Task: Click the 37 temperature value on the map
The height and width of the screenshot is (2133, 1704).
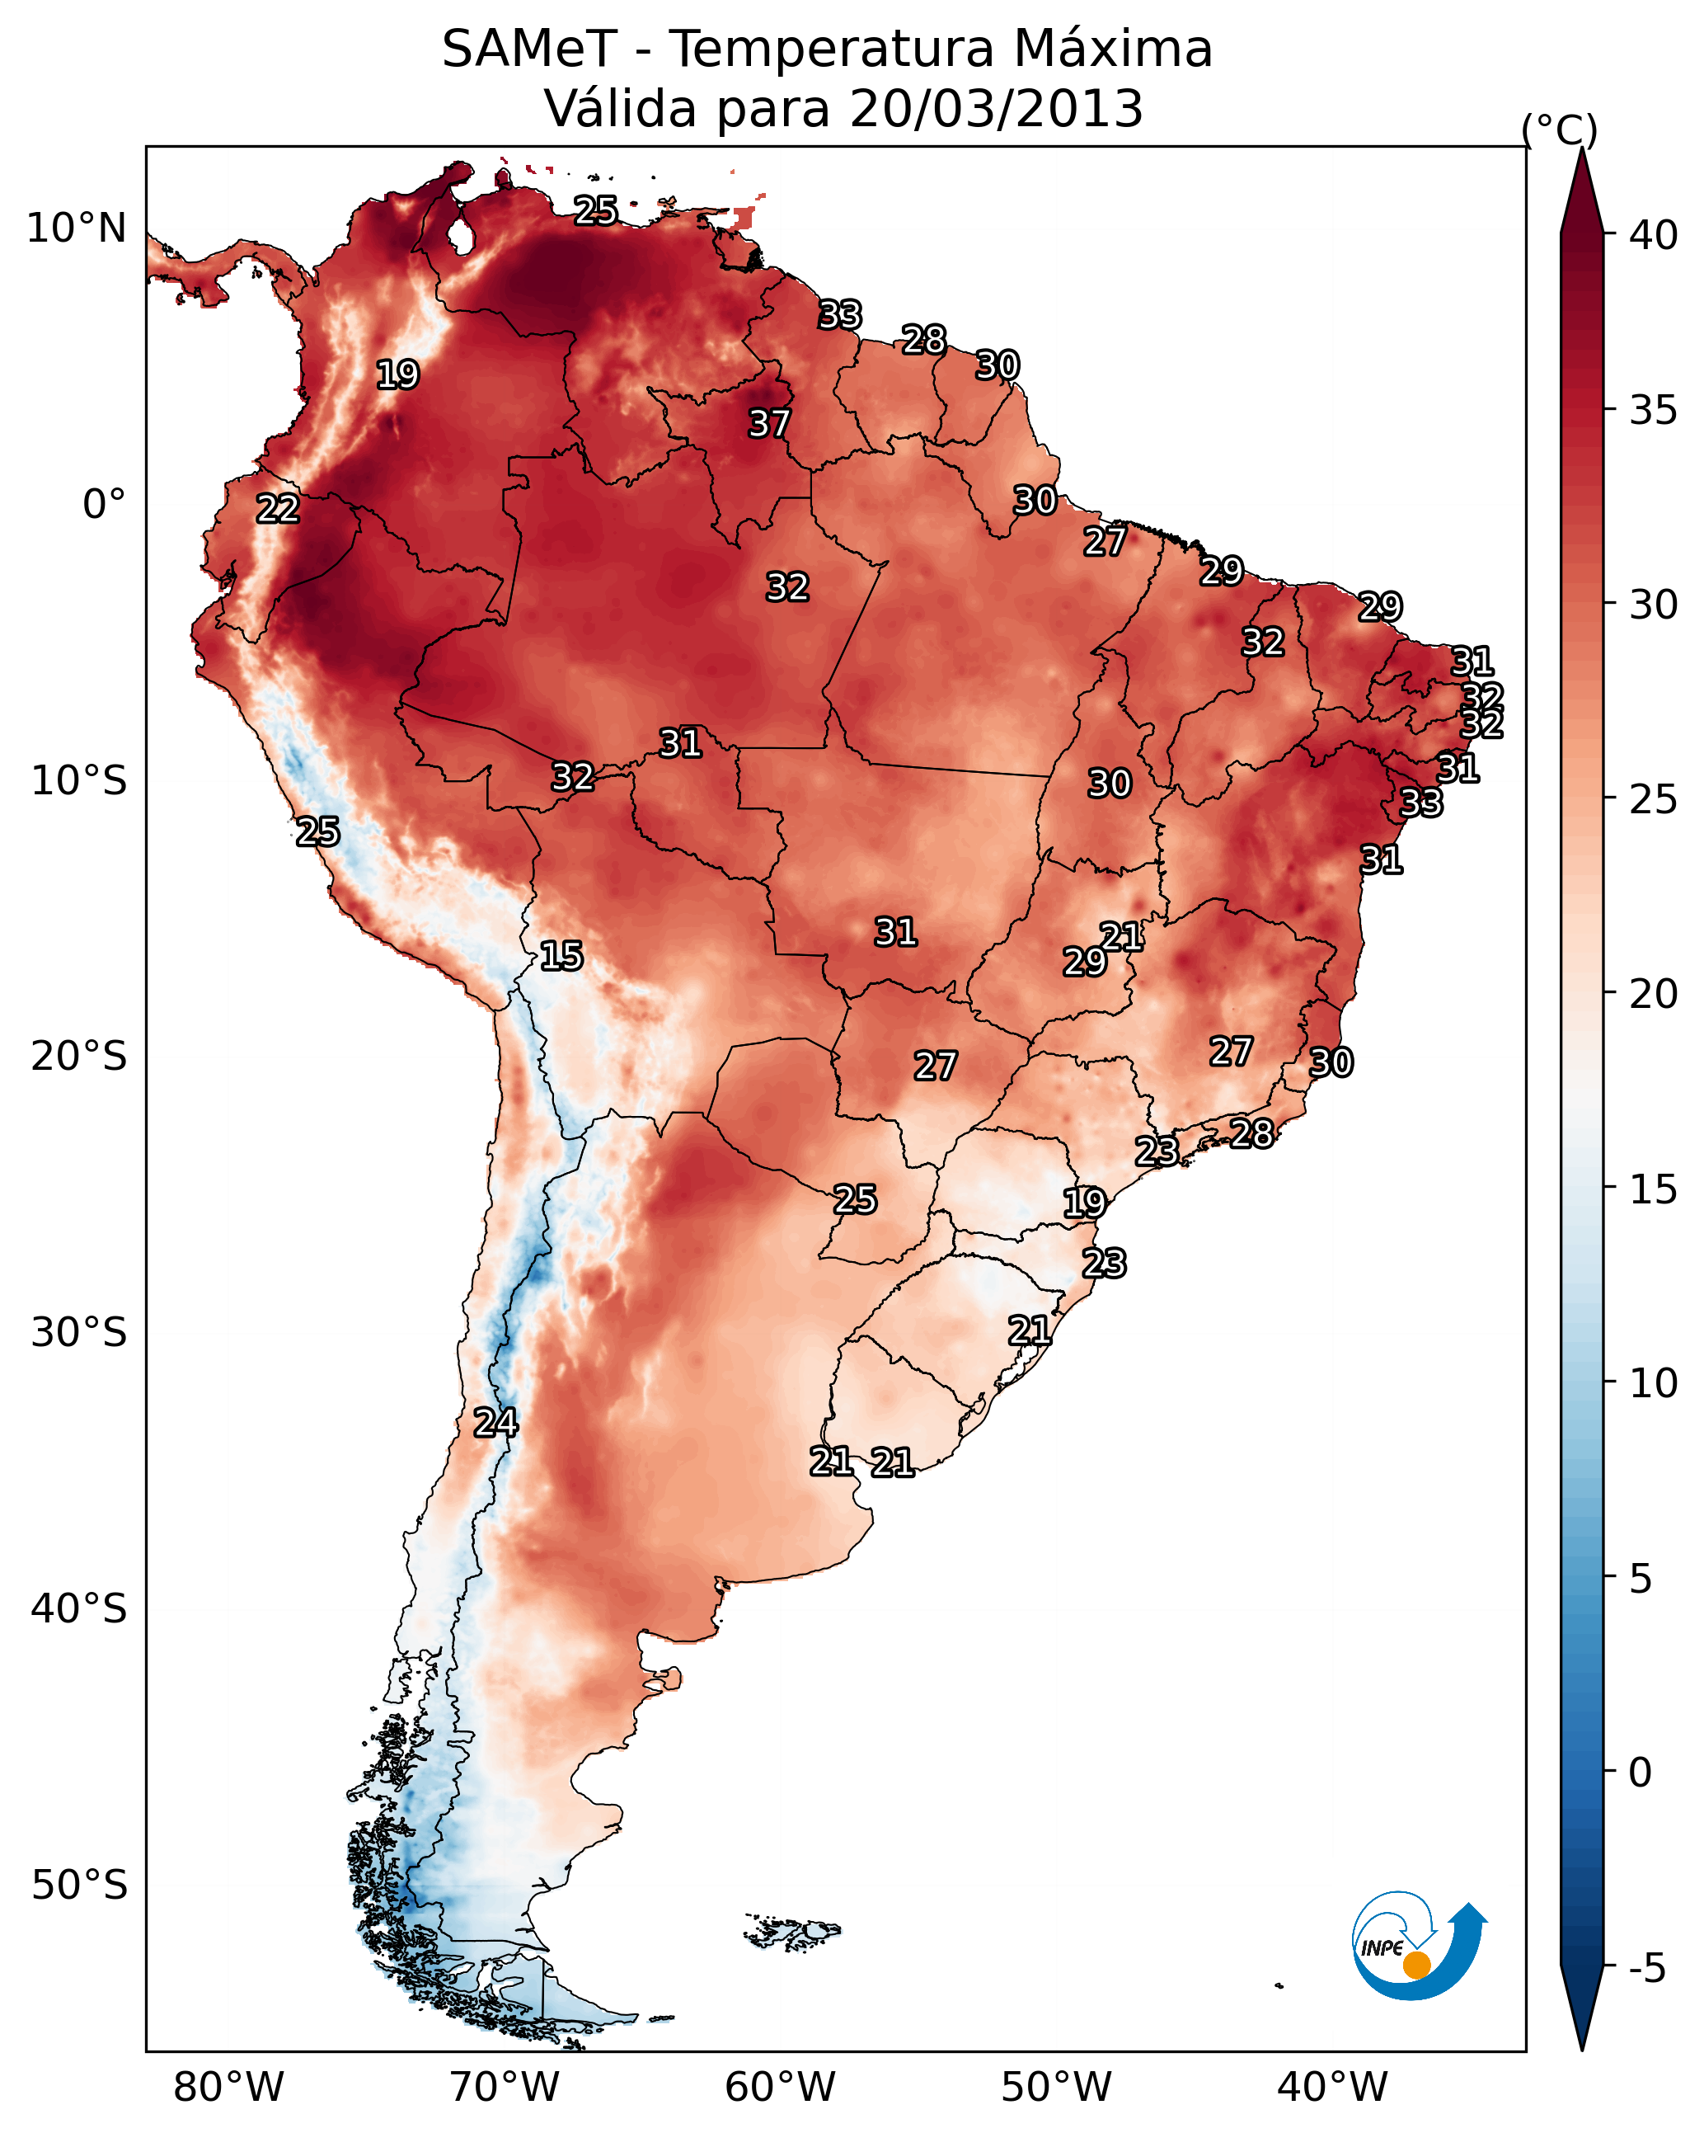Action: point(768,423)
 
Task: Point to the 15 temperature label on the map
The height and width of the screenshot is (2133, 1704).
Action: point(561,956)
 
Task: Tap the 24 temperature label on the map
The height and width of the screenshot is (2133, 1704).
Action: point(495,1423)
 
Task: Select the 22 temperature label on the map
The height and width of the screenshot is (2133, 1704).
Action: point(278,509)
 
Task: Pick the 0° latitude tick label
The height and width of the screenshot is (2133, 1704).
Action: point(104,505)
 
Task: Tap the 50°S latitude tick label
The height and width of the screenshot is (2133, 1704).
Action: point(79,1886)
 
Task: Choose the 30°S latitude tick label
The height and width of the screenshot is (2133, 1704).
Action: point(79,1333)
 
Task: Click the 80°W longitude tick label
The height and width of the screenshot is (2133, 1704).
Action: point(228,2088)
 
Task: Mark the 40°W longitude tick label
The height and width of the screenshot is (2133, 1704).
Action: point(1332,2088)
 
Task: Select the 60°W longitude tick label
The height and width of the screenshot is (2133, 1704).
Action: point(781,2088)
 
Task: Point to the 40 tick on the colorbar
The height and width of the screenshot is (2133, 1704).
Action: point(1654,235)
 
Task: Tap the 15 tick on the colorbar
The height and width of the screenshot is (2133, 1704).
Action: point(1654,1189)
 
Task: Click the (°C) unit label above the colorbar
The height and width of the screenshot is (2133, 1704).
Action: point(1559,129)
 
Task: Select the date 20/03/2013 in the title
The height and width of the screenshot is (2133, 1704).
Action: point(996,109)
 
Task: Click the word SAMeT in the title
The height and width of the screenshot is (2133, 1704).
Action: point(529,49)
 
